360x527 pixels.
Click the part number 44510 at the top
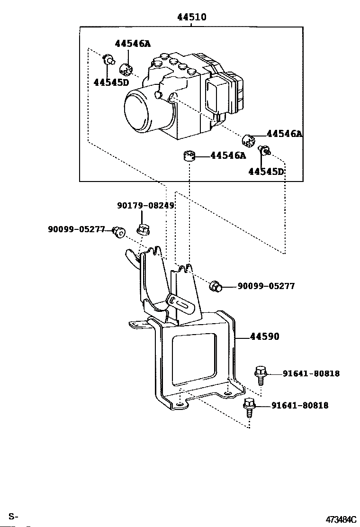(x=192, y=17)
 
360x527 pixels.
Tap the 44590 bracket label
(x=265, y=336)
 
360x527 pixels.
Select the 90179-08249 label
(x=146, y=205)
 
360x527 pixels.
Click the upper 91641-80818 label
(x=311, y=373)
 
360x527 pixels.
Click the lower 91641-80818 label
(x=300, y=405)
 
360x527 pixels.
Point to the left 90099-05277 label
(x=76, y=229)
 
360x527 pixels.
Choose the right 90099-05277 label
(x=266, y=286)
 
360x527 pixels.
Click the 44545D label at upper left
(x=111, y=82)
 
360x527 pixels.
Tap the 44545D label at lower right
(x=266, y=172)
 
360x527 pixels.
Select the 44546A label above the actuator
(x=133, y=43)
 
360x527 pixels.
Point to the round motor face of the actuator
(x=138, y=111)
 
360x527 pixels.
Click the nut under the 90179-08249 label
(x=144, y=229)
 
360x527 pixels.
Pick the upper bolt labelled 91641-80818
(x=261, y=375)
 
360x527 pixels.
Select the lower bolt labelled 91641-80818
(x=249, y=408)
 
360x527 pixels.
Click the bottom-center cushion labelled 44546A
(x=189, y=156)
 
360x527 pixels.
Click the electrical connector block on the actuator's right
(x=225, y=94)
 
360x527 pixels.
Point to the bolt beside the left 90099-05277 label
(x=118, y=232)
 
